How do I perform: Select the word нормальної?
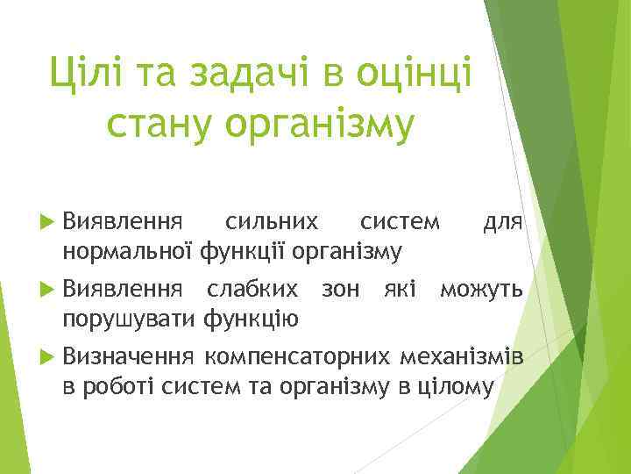128,252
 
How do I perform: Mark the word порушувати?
129,317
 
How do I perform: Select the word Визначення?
128,355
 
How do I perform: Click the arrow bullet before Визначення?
47,355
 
